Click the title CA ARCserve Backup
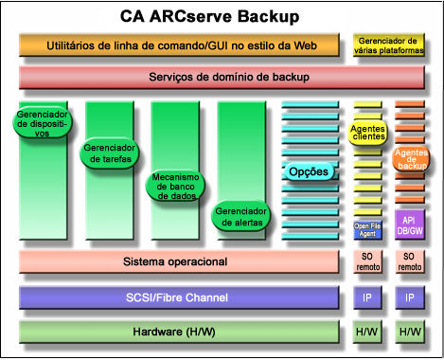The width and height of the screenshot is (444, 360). click(x=222, y=16)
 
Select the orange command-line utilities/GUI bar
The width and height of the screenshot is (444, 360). click(x=178, y=45)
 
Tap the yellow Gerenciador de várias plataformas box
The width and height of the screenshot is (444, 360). click(x=388, y=45)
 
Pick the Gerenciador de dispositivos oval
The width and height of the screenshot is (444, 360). click(x=41, y=123)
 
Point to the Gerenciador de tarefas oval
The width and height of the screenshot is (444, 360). click(x=110, y=153)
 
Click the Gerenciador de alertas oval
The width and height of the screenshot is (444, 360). click(x=238, y=216)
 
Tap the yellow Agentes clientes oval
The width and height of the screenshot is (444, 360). click(x=367, y=133)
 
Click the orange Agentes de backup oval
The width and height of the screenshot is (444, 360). click(x=411, y=158)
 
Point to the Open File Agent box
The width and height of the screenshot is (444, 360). click(x=367, y=228)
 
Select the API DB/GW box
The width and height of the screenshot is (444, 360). click(x=410, y=226)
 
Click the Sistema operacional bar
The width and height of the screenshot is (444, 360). click(x=176, y=261)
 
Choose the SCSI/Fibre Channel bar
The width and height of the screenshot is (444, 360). click(x=178, y=297)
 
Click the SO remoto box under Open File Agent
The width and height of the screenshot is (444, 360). click(x=367, y=261)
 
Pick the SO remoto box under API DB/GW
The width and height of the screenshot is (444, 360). click(x=410, y=261)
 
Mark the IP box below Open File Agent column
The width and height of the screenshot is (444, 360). click(x=367, y=297)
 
